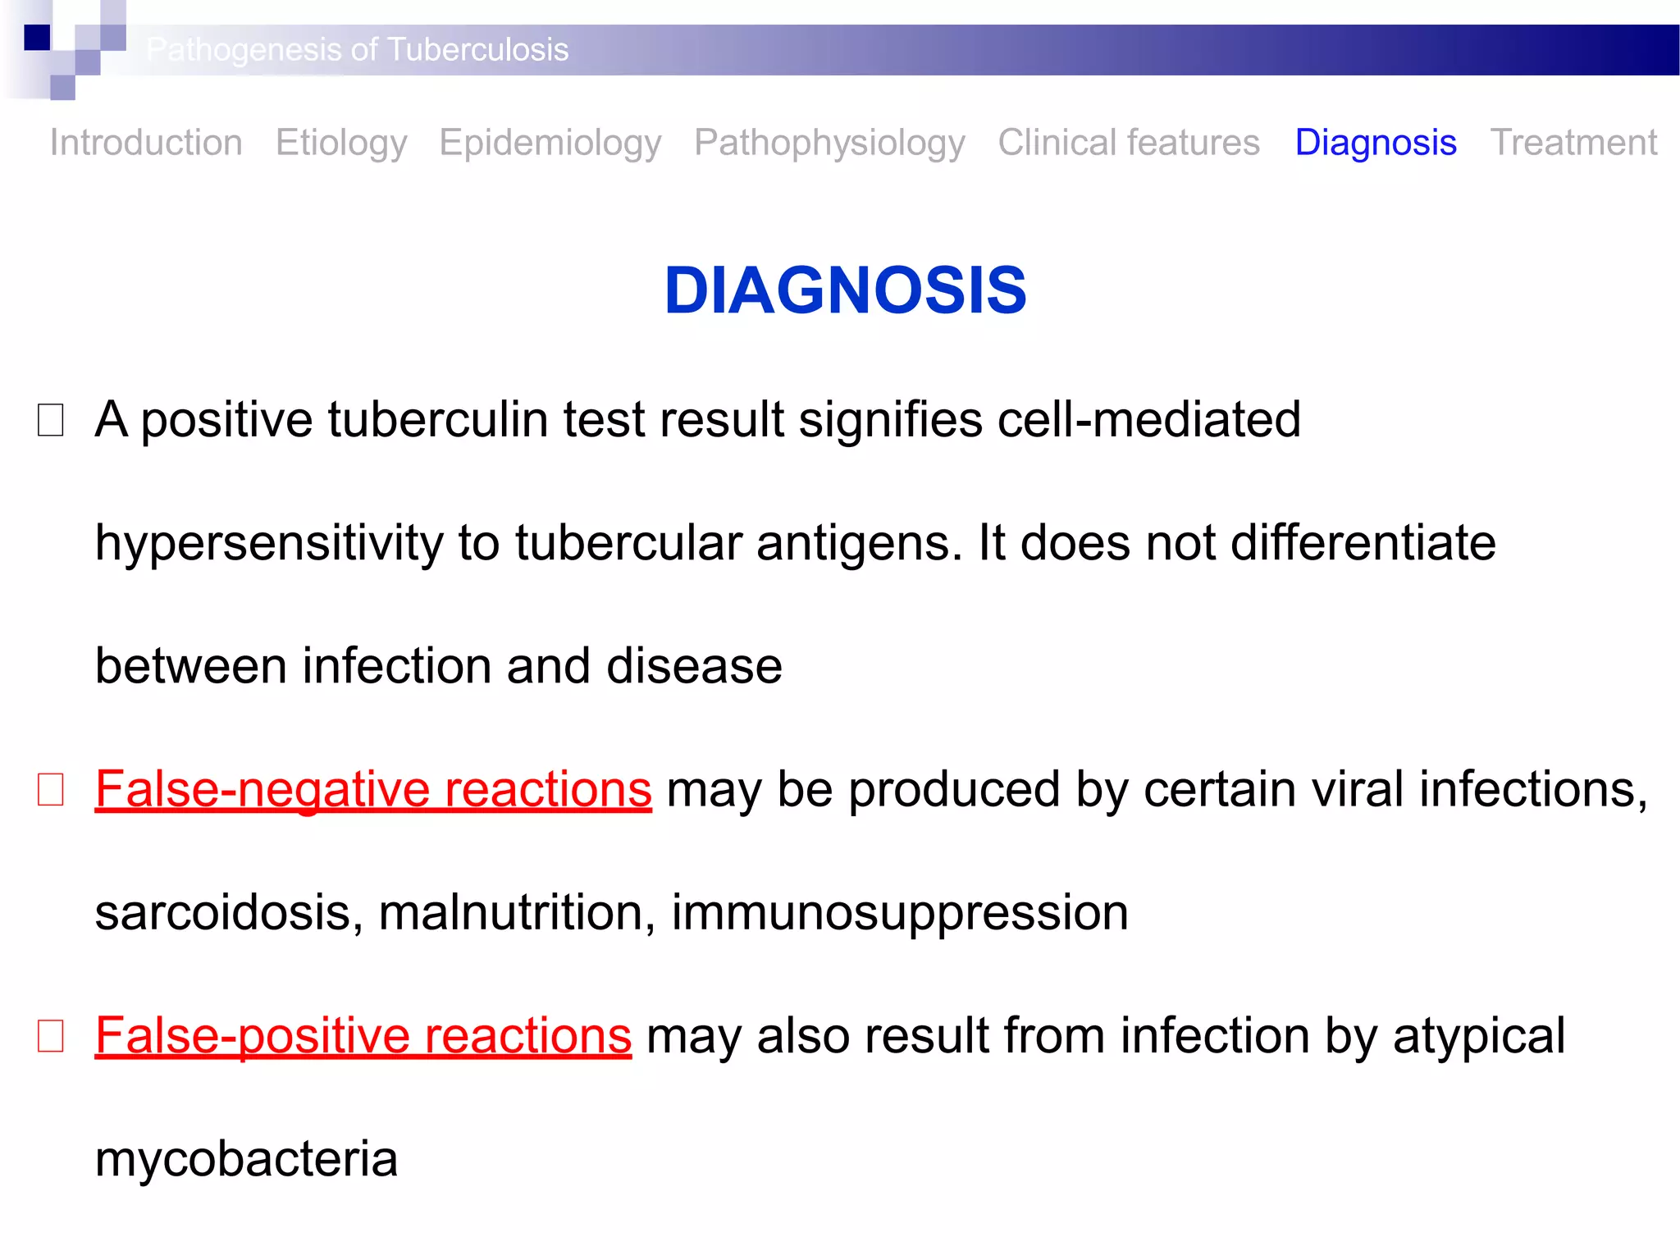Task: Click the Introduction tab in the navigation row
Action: point(146,143)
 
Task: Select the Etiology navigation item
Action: point(341,143)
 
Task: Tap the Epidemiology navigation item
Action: point(550,143)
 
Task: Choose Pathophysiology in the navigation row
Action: point(829,143)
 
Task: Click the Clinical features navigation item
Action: point(1129,143)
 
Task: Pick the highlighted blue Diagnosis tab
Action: point(1376,143)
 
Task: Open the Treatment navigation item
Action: point(1573,143)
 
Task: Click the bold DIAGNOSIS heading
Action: point(845,290)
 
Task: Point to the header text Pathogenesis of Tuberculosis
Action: point(358,50)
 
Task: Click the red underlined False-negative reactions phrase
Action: point(373,789)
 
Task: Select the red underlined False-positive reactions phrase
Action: point(363,1035)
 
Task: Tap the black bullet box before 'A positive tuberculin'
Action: point(51,420)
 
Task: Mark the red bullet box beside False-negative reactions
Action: point(51,790)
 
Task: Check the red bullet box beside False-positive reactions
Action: point(51,1036)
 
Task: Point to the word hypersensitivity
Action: point(268,544)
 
